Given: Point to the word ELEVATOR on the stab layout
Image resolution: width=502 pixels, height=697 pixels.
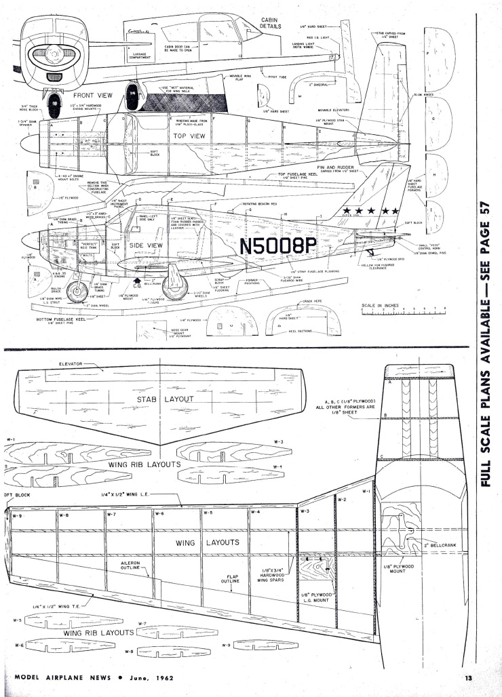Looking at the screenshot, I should [x=71, y=364].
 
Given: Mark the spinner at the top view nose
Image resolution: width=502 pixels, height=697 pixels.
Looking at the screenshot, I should [x=28, y=144].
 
